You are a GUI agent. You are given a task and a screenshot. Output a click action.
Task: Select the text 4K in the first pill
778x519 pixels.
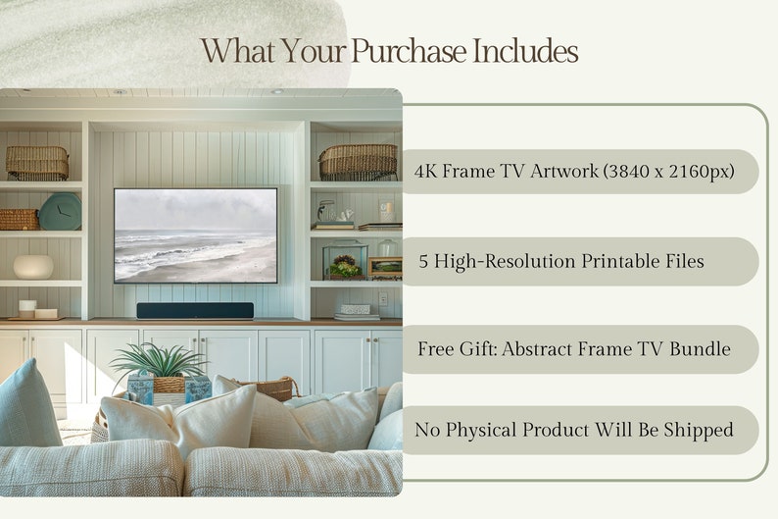[425, 172]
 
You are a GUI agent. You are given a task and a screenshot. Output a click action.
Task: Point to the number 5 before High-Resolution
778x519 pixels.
[424, 262]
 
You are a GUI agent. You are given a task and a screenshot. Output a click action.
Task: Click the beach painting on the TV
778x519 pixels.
[195, 235]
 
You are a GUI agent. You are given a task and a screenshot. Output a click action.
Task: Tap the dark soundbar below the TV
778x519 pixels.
[194, 310]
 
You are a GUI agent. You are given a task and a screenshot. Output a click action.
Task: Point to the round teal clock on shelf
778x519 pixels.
[60, 211]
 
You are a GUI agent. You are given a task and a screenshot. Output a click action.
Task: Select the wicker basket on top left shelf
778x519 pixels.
[37, 162]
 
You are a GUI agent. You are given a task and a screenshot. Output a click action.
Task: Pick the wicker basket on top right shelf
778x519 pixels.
[358, 161]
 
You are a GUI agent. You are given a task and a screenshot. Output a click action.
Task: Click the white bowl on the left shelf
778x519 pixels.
[33, 267]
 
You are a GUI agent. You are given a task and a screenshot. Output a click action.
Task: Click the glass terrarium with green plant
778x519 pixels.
[344, 261]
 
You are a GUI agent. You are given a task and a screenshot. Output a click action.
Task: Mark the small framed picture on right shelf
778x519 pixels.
[384, 267]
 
